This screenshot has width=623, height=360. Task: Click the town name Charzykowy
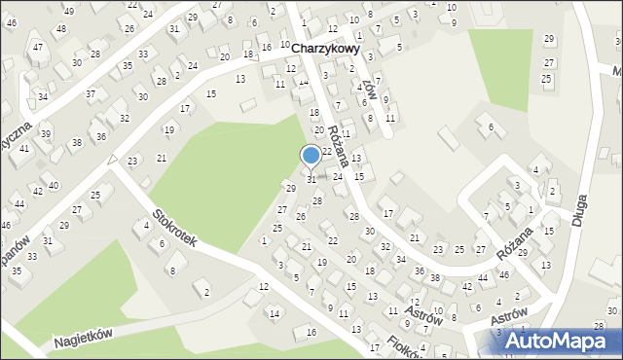(x=326, y=47)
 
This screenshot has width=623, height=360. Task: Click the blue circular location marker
(x=311, y=155)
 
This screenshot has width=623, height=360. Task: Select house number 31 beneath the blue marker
(x=311, y=179)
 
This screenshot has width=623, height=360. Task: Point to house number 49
(x=68, y=10)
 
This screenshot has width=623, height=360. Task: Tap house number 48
(x=60, y=28)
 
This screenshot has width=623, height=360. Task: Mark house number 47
(x=37, y=47)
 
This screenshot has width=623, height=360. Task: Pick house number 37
(x=91, y=93)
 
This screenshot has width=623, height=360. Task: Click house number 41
(x=24, y=148)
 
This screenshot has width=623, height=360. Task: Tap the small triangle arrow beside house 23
(x=113, y=159)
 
